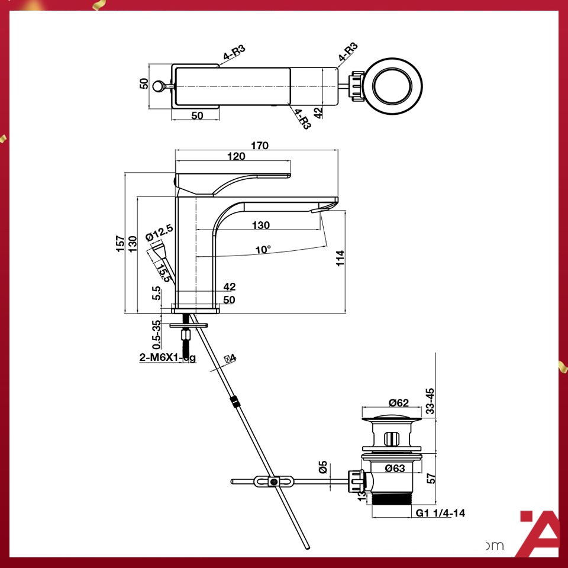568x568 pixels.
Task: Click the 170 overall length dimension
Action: (260, 146)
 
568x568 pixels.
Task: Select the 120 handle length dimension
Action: (236, 156)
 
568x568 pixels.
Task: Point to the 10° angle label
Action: (263, 250)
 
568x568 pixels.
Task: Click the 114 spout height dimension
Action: (340, 258)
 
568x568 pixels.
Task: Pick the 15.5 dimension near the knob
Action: (164, 271)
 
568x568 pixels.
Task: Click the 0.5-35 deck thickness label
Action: (156, 335)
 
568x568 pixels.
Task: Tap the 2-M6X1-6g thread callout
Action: (167, 357)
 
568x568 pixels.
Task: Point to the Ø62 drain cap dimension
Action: (399, 403)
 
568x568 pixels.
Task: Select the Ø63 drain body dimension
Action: (395, 469)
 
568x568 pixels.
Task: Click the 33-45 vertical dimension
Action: (430, 401)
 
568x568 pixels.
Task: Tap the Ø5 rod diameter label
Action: (323, 467)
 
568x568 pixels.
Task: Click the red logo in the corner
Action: (538, 532)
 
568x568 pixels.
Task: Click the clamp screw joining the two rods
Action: (273, 482)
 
